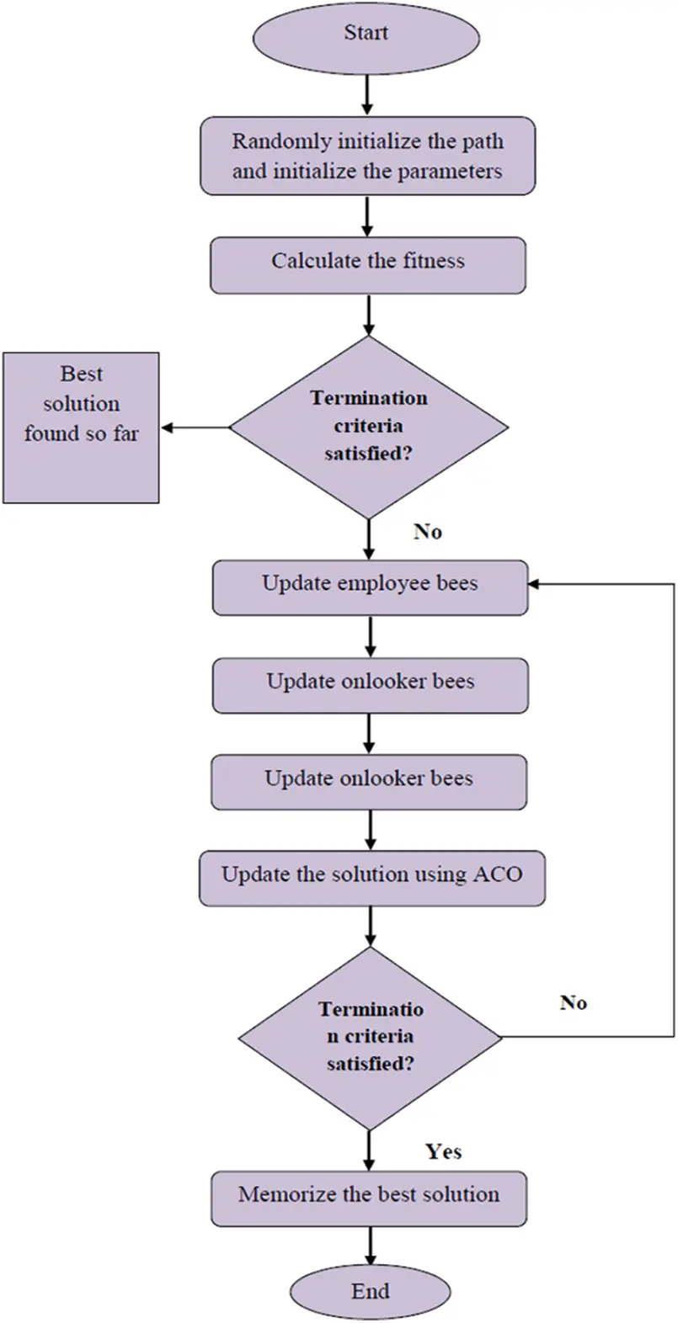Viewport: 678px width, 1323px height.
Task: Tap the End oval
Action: pos(371,1293)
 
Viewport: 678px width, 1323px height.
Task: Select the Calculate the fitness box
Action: pos(368,265)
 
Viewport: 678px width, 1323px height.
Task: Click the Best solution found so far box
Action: pos(81,428)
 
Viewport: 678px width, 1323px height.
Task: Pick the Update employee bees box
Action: pos(370,587)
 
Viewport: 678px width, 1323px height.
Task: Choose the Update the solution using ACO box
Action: pos(371,879)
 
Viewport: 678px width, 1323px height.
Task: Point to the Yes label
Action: pos(443,1151)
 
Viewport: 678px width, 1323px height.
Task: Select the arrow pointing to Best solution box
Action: pos(195,427)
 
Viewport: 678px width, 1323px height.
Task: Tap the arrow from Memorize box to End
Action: pos(370,1245)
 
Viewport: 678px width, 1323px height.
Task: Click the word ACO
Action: pos(499,874)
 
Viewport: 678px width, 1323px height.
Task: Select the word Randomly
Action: pos(281,141)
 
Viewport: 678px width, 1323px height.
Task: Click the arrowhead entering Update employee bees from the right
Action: pos(534,584)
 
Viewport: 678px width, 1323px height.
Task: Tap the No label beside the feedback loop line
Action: pos(574,1002)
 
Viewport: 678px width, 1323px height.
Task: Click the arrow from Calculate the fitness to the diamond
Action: pos(369,316)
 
